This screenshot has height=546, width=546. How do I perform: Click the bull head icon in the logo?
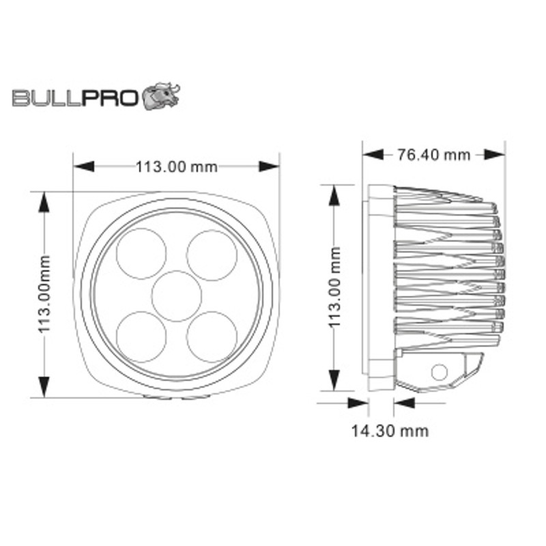(x=160, y=96)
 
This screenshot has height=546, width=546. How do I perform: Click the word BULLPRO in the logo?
(x=76, y=99)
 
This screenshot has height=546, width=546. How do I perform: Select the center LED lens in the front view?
(x=177, y=295)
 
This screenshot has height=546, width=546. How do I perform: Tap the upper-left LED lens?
(x=140, y=253)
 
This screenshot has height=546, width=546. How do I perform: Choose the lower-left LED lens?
(x=140, y=335)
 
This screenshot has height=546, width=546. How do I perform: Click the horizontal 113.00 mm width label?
(x=176, y=166)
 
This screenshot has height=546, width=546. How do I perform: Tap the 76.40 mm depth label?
(x=433, y=155)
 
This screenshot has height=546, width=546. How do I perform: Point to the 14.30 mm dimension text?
(x=390, y=431)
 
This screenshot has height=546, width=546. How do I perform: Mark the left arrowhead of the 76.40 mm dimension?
(x=372, y=154)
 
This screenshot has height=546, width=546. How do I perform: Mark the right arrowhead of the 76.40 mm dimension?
(x=494, y=155)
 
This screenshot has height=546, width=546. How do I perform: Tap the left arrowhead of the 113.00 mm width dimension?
(x=83, y=166)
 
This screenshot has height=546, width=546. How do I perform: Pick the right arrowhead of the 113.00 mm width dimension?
(x=270, y=166)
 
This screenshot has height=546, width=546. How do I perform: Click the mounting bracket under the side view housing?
(x=440, y=372)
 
